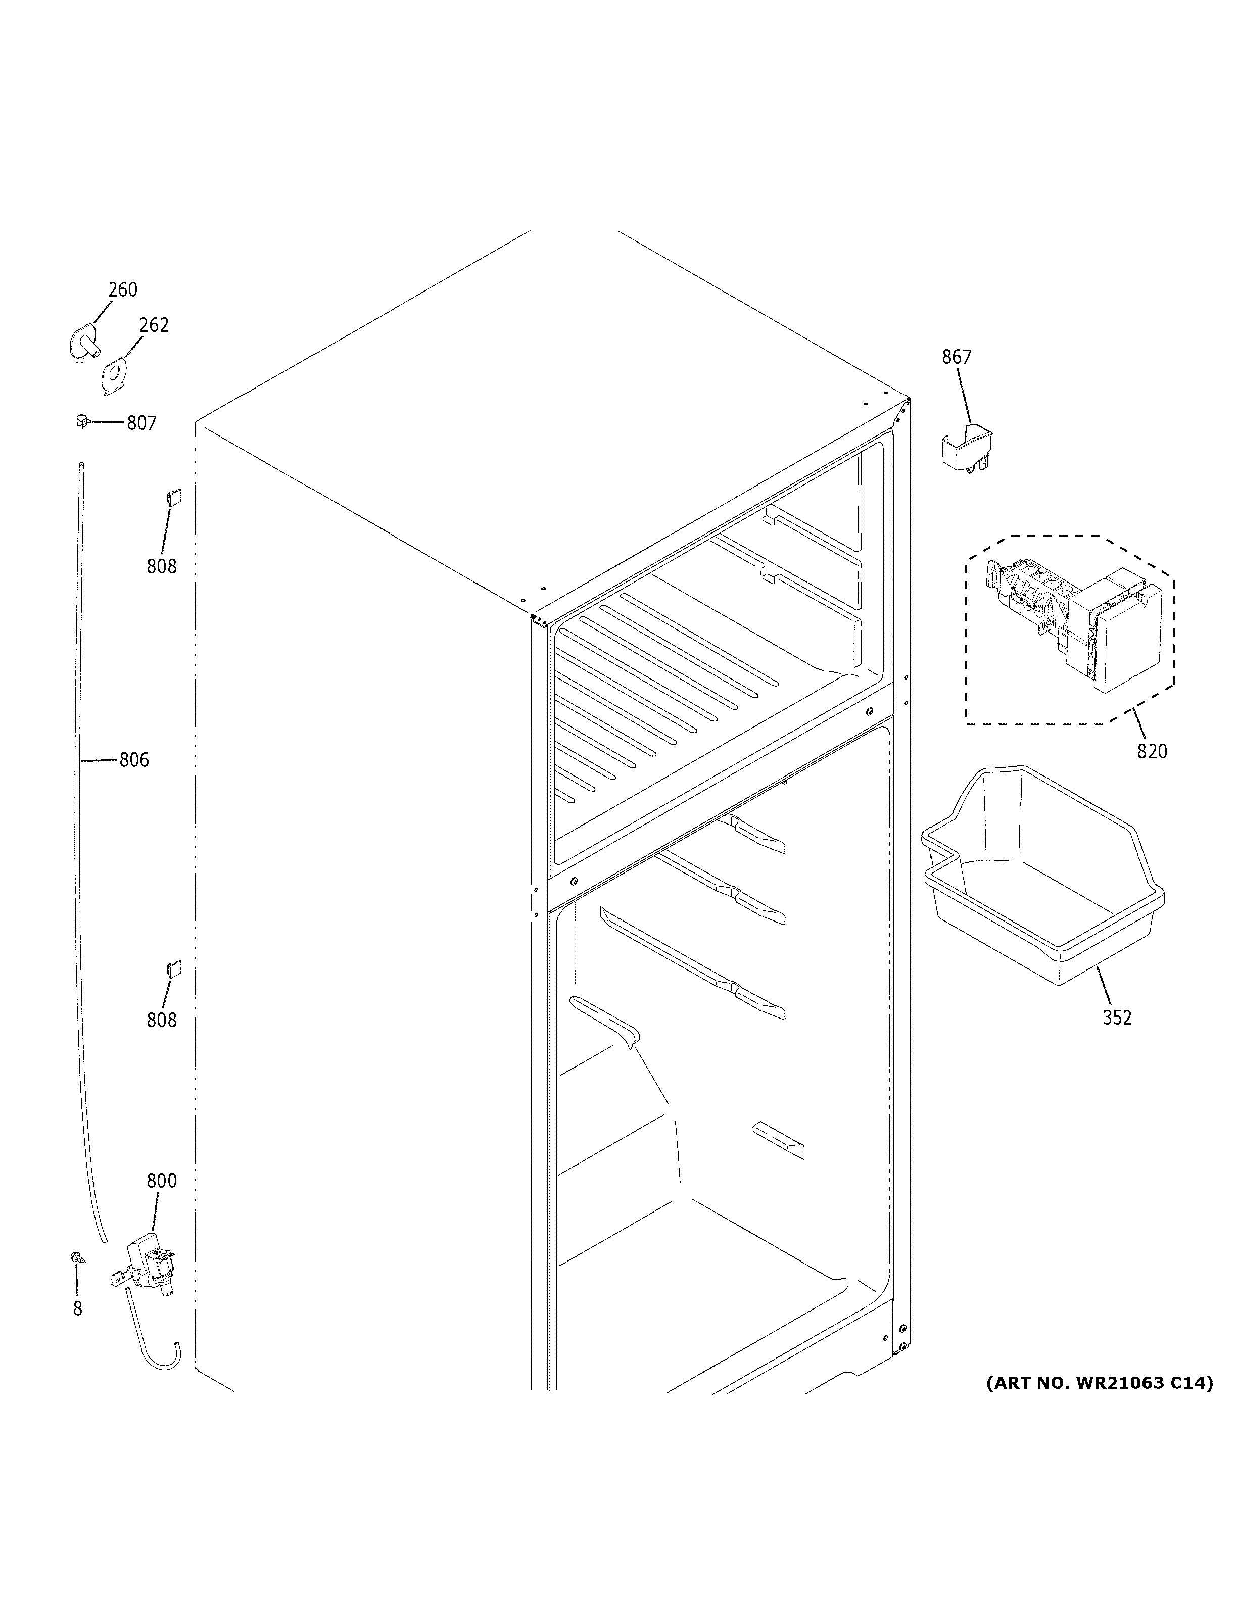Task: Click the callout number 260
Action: coord(122,290)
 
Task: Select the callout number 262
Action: coord(154,325)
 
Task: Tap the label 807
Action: coord(141,423)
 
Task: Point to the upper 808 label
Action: coord(161,566)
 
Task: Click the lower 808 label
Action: coord(161,1020)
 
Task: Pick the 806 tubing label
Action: coord(134,760)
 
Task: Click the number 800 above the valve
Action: coord(161,1181)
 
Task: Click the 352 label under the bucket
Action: coord(1116,1017)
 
